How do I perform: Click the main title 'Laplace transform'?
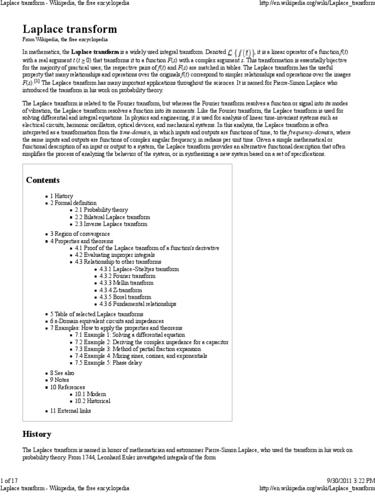(x=70, y=29)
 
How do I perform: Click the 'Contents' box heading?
(x=42, y=180)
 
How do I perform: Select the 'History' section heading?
(x=37, y=434)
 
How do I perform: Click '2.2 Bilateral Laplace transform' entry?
(x=112, y=217)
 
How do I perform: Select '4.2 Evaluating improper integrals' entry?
(x=115, y=255)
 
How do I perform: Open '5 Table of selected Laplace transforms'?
(x=97, y=314)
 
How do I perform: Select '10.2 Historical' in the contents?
(x=92, y=400)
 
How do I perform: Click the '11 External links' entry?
(x=70, y=411)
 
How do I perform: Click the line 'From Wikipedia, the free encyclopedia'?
(x=65, y=39)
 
